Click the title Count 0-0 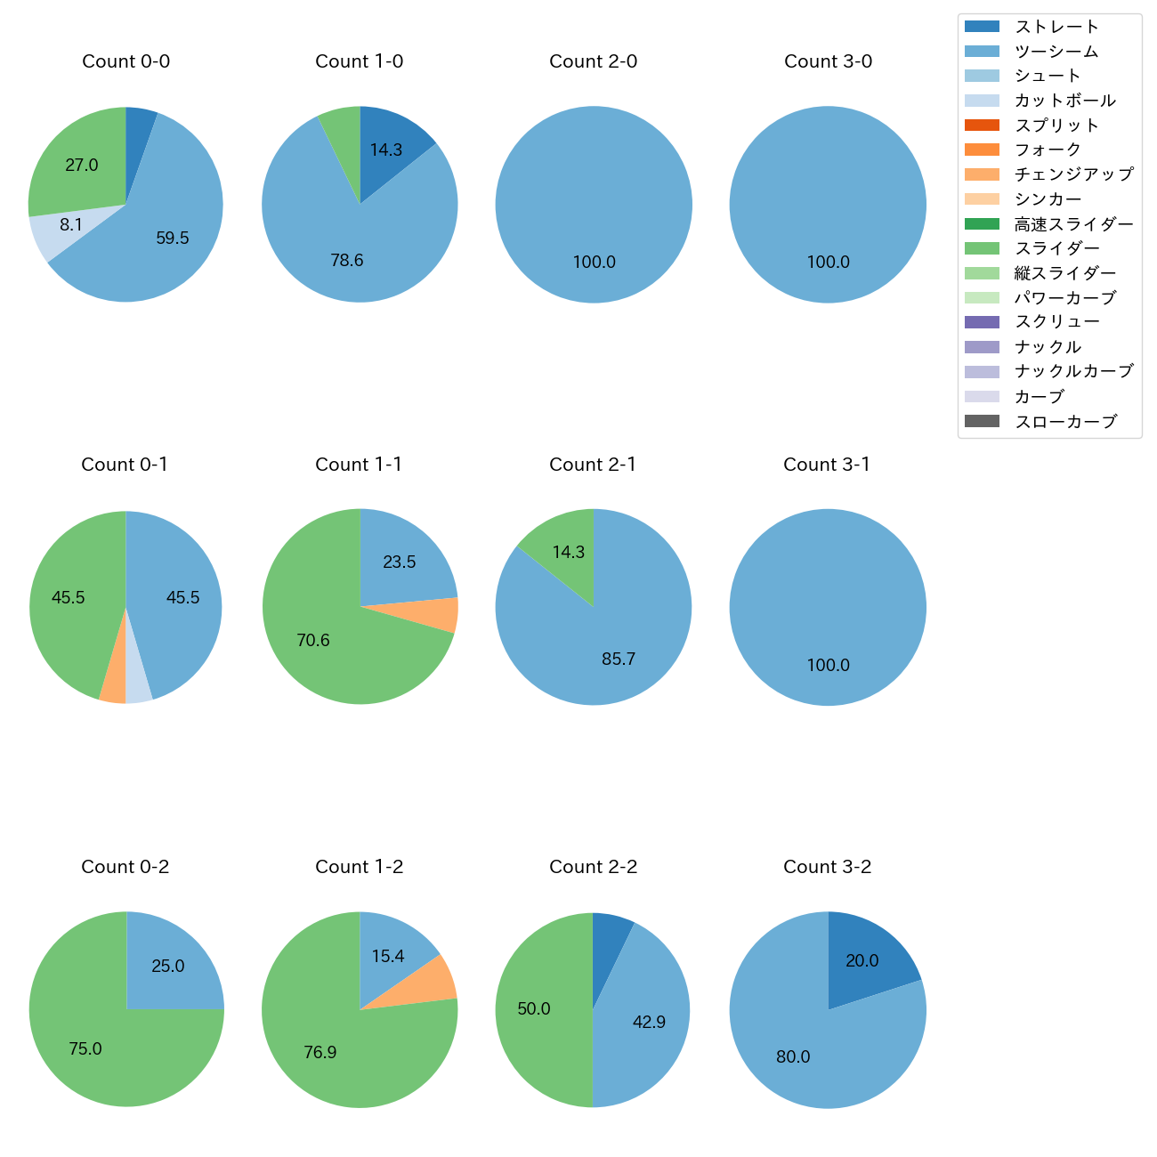[125, 61]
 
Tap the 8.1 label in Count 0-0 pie [71, 225]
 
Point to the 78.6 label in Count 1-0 [347, 261]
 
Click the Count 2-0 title [594, 61]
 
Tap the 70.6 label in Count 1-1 [313, 641]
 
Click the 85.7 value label [619, 659]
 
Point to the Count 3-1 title [827, 465]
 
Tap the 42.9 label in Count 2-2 [649, 1023]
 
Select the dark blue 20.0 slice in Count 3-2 [868, 957]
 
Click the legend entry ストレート [1056, 27]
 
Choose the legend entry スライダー [1056, 248]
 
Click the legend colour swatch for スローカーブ [982, 421]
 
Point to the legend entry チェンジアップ [1073, 174]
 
